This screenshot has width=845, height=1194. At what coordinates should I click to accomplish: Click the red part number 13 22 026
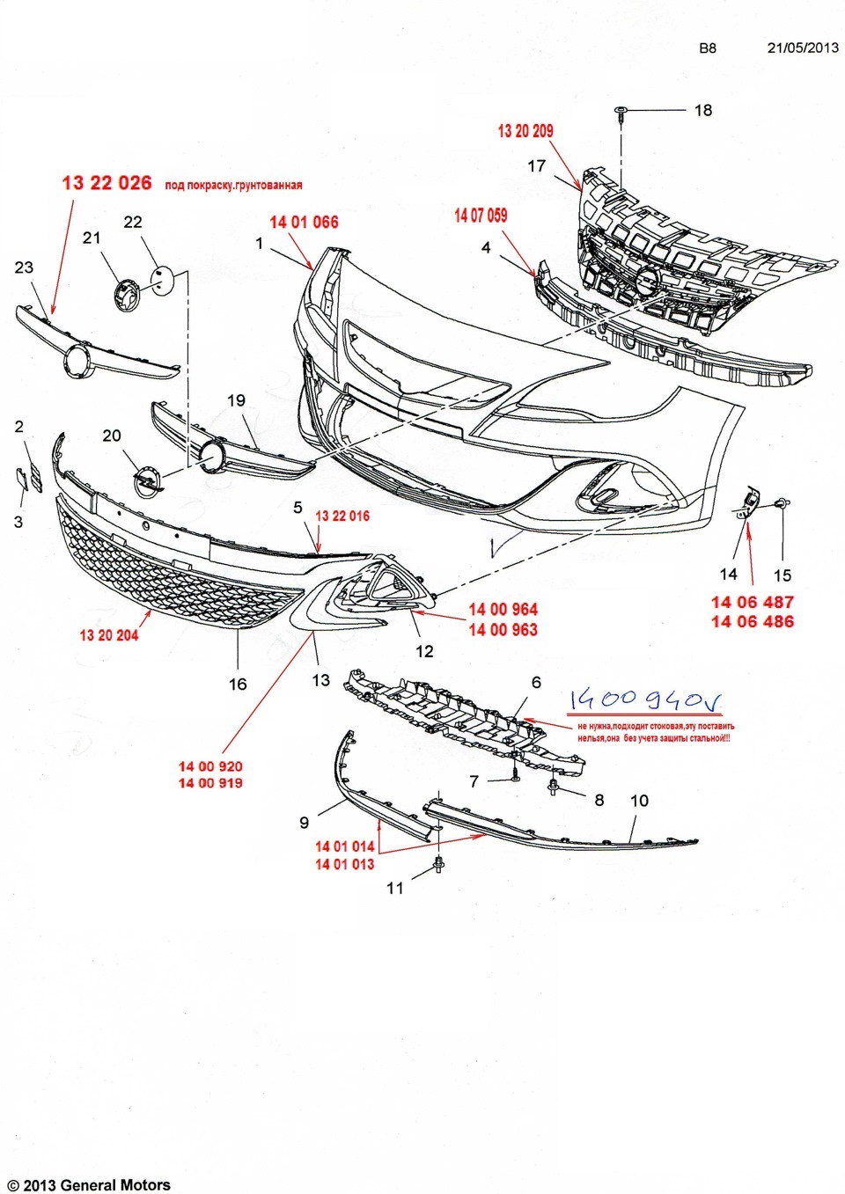[107, 183]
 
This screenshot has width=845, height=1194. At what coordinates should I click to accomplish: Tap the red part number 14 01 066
[304, 222]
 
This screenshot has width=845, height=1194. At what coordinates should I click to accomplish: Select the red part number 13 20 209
[525, 131]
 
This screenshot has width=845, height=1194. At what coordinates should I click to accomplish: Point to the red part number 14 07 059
[481, 216]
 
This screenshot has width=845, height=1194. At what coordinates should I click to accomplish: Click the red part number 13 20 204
[109, 635]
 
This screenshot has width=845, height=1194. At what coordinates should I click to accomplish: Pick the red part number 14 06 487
[753, 602]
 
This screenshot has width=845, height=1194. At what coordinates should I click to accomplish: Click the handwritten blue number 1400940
[644, 700]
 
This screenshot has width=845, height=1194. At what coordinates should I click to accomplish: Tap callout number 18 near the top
[703, 110]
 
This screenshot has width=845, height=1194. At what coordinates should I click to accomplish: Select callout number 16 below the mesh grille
[238, 684]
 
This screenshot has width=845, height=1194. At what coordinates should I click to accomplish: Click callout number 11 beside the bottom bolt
[395, 889]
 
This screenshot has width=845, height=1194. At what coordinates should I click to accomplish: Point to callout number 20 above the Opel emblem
[112, 436]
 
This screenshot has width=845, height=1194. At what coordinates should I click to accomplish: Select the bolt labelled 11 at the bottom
[438, 868]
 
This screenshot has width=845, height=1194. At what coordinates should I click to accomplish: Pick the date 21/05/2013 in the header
[803, 48]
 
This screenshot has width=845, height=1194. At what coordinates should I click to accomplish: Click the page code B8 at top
[708, 48]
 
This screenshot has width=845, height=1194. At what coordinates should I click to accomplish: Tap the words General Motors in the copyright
[115, 1185]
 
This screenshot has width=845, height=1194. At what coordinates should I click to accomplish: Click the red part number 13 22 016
[342, 516]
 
